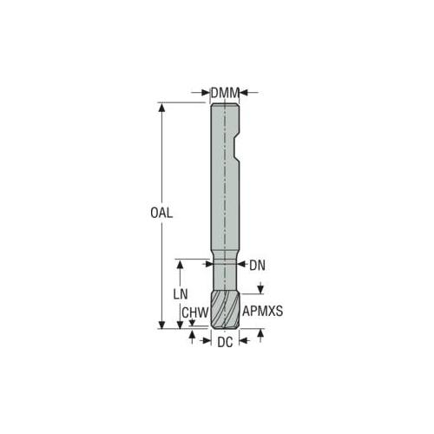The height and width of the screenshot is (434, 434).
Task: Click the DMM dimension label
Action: tap(225, 93)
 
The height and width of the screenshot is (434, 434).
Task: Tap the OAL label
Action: tap(161, 213)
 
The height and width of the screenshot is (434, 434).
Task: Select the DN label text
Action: tap(257, 266)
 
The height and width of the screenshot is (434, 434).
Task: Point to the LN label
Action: tap(181, 294)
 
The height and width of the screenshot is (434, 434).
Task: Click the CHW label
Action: tap(195, 312)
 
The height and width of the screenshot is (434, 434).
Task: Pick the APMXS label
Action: tap(262, 312)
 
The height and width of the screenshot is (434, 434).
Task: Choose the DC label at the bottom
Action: tap(225, 343)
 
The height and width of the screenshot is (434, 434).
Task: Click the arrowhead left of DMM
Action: tap(206, 93)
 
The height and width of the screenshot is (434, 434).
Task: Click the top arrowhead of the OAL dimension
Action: tap(162, 107)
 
